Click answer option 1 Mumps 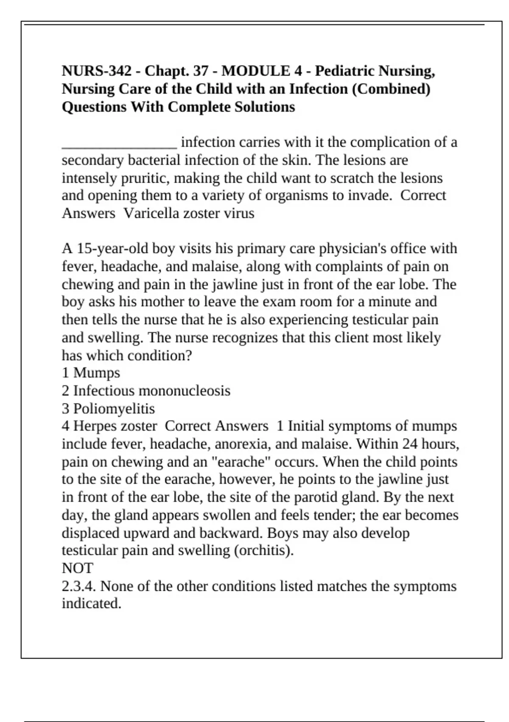91,373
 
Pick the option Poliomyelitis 114,409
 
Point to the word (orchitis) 263,550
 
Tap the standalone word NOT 77,568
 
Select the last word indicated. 91,604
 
